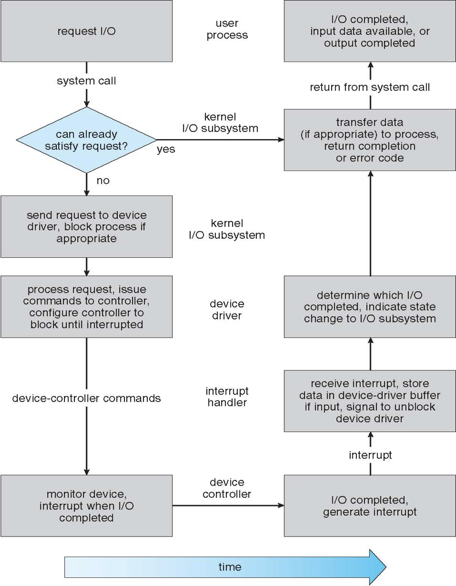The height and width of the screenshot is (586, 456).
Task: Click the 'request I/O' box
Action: pos(86,31)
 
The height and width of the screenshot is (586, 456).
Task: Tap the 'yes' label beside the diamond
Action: pos(166,149)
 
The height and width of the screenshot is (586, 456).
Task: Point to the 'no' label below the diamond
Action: pos(102,181)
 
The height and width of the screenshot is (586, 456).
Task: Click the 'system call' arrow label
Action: pos(86,81)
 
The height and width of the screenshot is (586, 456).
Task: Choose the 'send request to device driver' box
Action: pos(86,226)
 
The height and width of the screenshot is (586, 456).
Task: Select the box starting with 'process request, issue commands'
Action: pos(86,306)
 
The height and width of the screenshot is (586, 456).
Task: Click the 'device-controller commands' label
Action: pos(86,398)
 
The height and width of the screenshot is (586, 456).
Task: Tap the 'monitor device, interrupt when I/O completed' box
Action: pos(86,506)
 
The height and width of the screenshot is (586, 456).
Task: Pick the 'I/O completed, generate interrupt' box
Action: pos(370,506)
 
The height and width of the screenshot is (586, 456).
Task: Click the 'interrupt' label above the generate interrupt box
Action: pos(370,455)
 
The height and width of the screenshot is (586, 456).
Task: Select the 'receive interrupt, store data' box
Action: pos(370,401)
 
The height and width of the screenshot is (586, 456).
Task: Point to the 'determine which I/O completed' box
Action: pos(370,306)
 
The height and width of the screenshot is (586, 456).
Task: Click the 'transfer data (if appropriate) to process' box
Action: pos(370,140)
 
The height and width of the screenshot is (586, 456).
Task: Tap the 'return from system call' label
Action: pos(370,87)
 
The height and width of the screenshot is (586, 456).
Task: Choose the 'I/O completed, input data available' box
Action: pos(370,31)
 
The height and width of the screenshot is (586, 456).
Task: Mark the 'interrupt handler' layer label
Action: pos(227,397)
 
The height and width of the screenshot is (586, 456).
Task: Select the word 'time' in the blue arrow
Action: pos(230,567)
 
